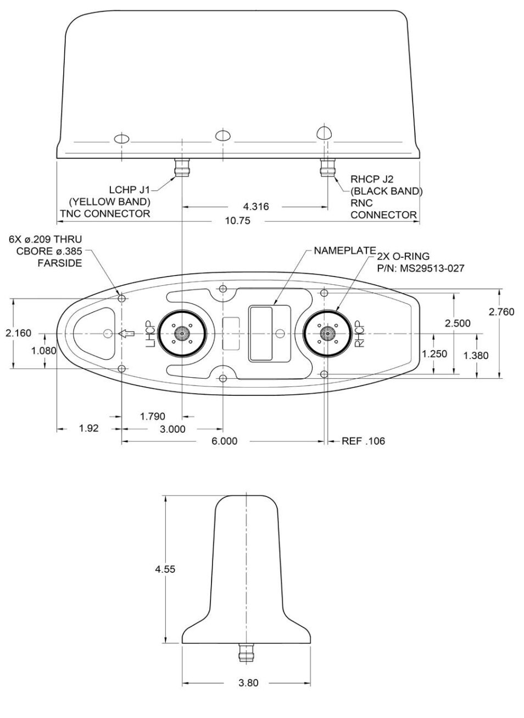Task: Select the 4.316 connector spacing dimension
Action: [255, 207]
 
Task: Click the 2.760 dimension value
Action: [501, 312]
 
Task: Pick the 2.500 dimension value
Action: [457, 323]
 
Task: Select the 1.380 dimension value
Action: [476, 356]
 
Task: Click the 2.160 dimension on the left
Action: [18, 333]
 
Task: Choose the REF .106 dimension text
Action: [363, 441]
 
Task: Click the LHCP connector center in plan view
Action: [181, 333]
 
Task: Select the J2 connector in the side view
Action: [327, 167]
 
